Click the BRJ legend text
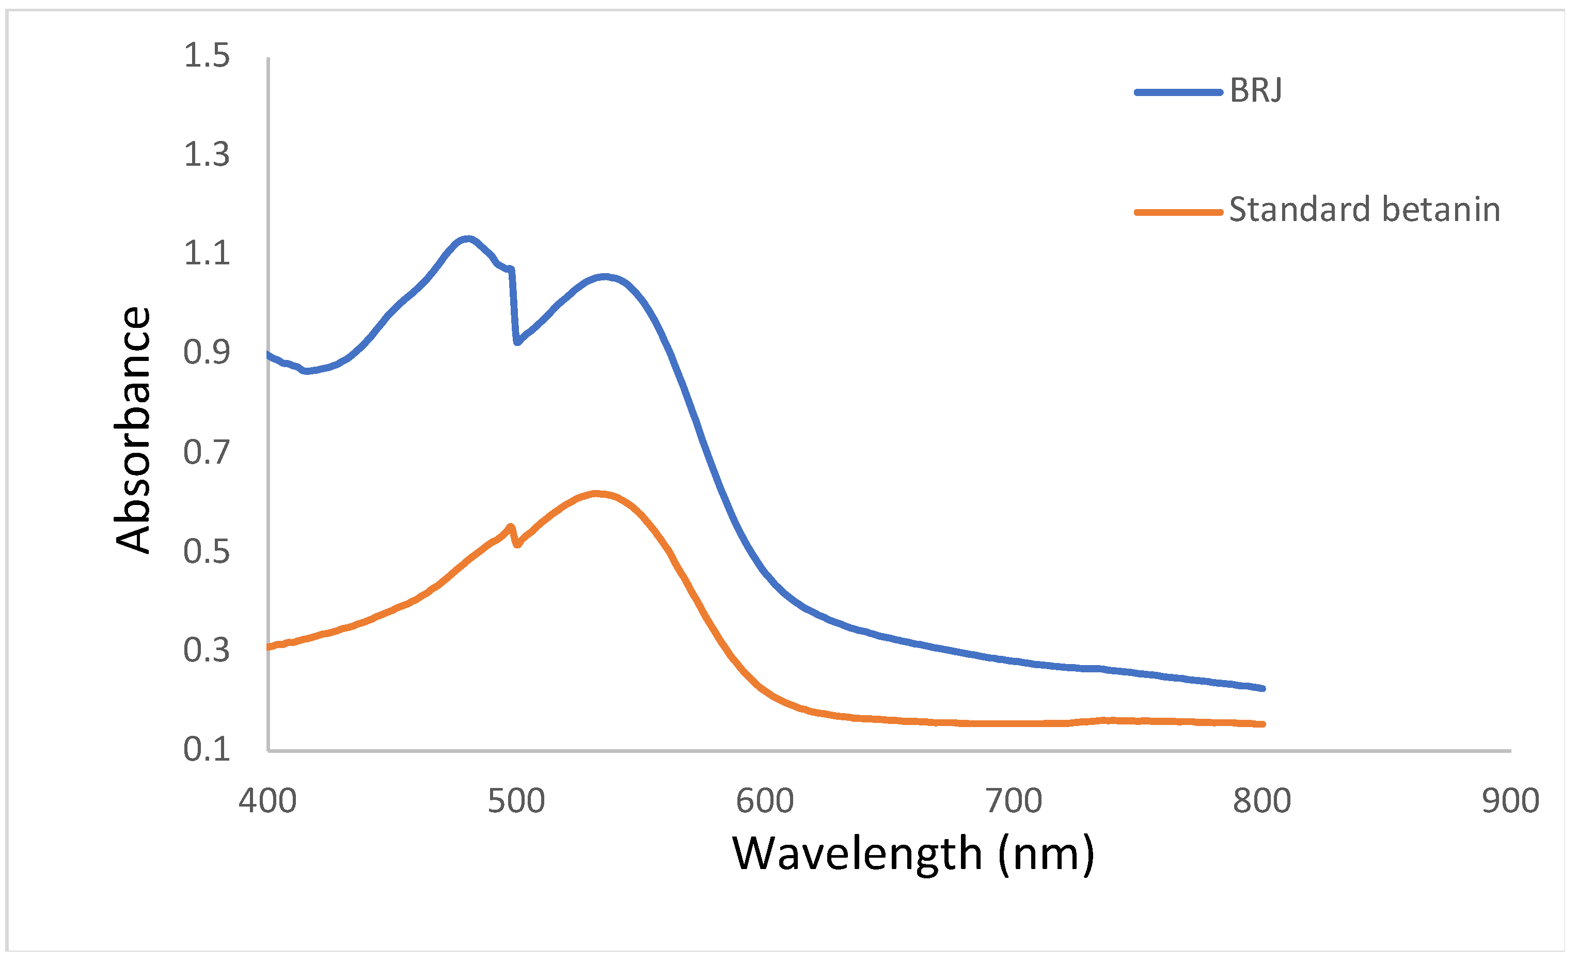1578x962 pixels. click(x=1255, y=90)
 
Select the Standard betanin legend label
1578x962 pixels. click(x=1364, y=210)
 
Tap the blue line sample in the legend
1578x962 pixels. click(x=1178, y=92)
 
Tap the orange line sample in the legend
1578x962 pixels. click(x=1178, y=212)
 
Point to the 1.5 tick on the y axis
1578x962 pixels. click(x=206, y=56)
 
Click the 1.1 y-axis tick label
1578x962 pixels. click(x=206, y=254)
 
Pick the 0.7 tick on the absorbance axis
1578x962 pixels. click(x=206, y=453)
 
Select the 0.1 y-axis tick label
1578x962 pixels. click(x=206, y=749)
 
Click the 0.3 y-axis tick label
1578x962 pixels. click(x=206, y=651)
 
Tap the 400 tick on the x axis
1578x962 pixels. click(x=267, y=801)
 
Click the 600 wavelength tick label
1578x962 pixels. click(x=765, y=801)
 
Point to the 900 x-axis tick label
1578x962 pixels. click(x=1511, y=801)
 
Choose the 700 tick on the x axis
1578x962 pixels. click(x=1014, y=801)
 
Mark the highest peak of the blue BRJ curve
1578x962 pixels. click(x=468, y=240)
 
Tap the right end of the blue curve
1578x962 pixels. click(x=1263, y=688)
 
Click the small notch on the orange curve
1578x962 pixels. click(x=516, y=544)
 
